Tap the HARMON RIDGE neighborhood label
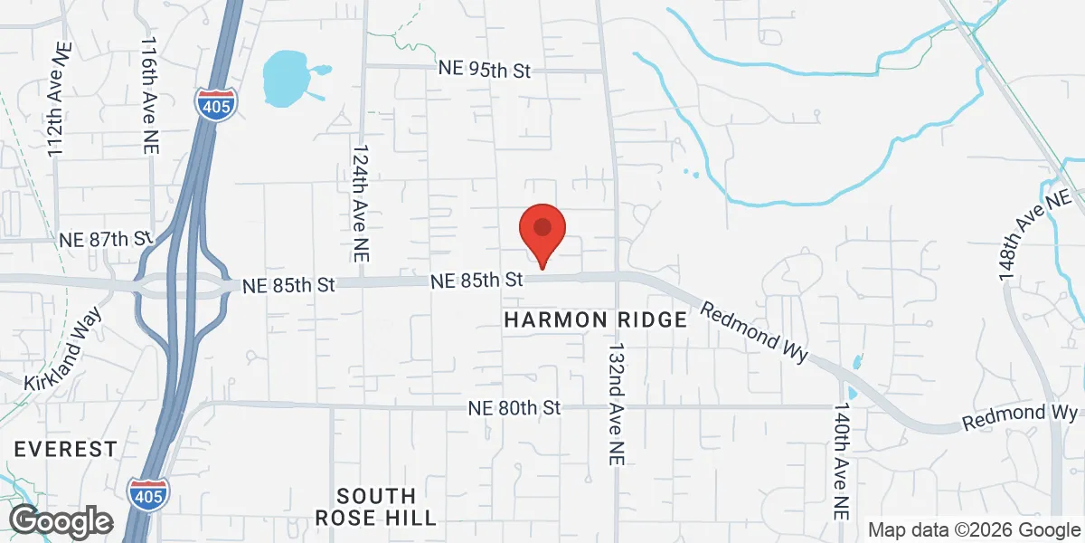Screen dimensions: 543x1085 (x=595, y=320)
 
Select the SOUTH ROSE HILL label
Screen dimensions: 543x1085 (x=376, y=507)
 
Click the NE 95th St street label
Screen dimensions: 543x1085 (x=484, y=71)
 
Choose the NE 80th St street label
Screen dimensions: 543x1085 (x=514, y=408)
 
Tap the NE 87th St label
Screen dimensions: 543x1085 (x=104, y=240)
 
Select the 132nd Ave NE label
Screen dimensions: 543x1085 (x=618, y=398)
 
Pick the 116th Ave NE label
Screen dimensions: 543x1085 (x=149, y=95)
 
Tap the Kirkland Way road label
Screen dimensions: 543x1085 (x=63, y=349)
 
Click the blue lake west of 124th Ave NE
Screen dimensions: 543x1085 (x=286, y=78)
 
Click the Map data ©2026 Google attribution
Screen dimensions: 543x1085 (x=975, y=530)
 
